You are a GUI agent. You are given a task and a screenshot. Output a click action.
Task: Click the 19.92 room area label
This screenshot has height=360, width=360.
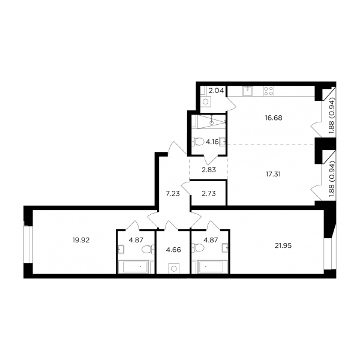point(81,240)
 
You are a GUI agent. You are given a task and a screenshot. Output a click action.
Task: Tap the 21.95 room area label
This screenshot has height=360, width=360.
point(283,245)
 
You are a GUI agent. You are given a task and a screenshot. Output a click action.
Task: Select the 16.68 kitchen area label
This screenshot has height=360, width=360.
point(274,118)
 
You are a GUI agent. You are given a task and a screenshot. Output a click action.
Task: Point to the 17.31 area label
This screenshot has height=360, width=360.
point(273,174)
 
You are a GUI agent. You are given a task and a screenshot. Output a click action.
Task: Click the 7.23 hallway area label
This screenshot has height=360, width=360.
point(173,194)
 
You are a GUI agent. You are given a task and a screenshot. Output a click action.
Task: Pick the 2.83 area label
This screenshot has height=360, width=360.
point(209,170)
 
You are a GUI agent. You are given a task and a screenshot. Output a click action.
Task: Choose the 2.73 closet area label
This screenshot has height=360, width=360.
point(209,194)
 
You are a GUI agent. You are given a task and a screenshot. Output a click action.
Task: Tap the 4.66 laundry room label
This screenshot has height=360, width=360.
point(173,250)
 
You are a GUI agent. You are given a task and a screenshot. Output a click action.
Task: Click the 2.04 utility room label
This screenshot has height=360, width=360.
point(216,91)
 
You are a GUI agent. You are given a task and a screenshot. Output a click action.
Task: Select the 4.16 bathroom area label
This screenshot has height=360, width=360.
point(212,142)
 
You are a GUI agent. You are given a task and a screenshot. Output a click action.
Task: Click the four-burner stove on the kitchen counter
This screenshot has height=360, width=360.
point(268,91)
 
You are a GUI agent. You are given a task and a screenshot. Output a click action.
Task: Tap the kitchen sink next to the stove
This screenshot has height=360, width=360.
point(247,91)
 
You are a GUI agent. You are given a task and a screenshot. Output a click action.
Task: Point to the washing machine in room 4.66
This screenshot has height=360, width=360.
point(174,268)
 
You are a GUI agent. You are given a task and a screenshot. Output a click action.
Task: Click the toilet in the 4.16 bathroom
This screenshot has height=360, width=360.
point(198,142)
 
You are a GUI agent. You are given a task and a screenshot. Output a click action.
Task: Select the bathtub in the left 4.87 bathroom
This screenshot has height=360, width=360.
point(134,267)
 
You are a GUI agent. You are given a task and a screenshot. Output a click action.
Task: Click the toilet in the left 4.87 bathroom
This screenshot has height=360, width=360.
point(148,250)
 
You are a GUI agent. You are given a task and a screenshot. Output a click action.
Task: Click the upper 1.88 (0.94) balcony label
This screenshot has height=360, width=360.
point(332,118)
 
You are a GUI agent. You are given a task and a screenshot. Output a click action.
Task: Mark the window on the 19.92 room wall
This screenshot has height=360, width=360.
point(28,244)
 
